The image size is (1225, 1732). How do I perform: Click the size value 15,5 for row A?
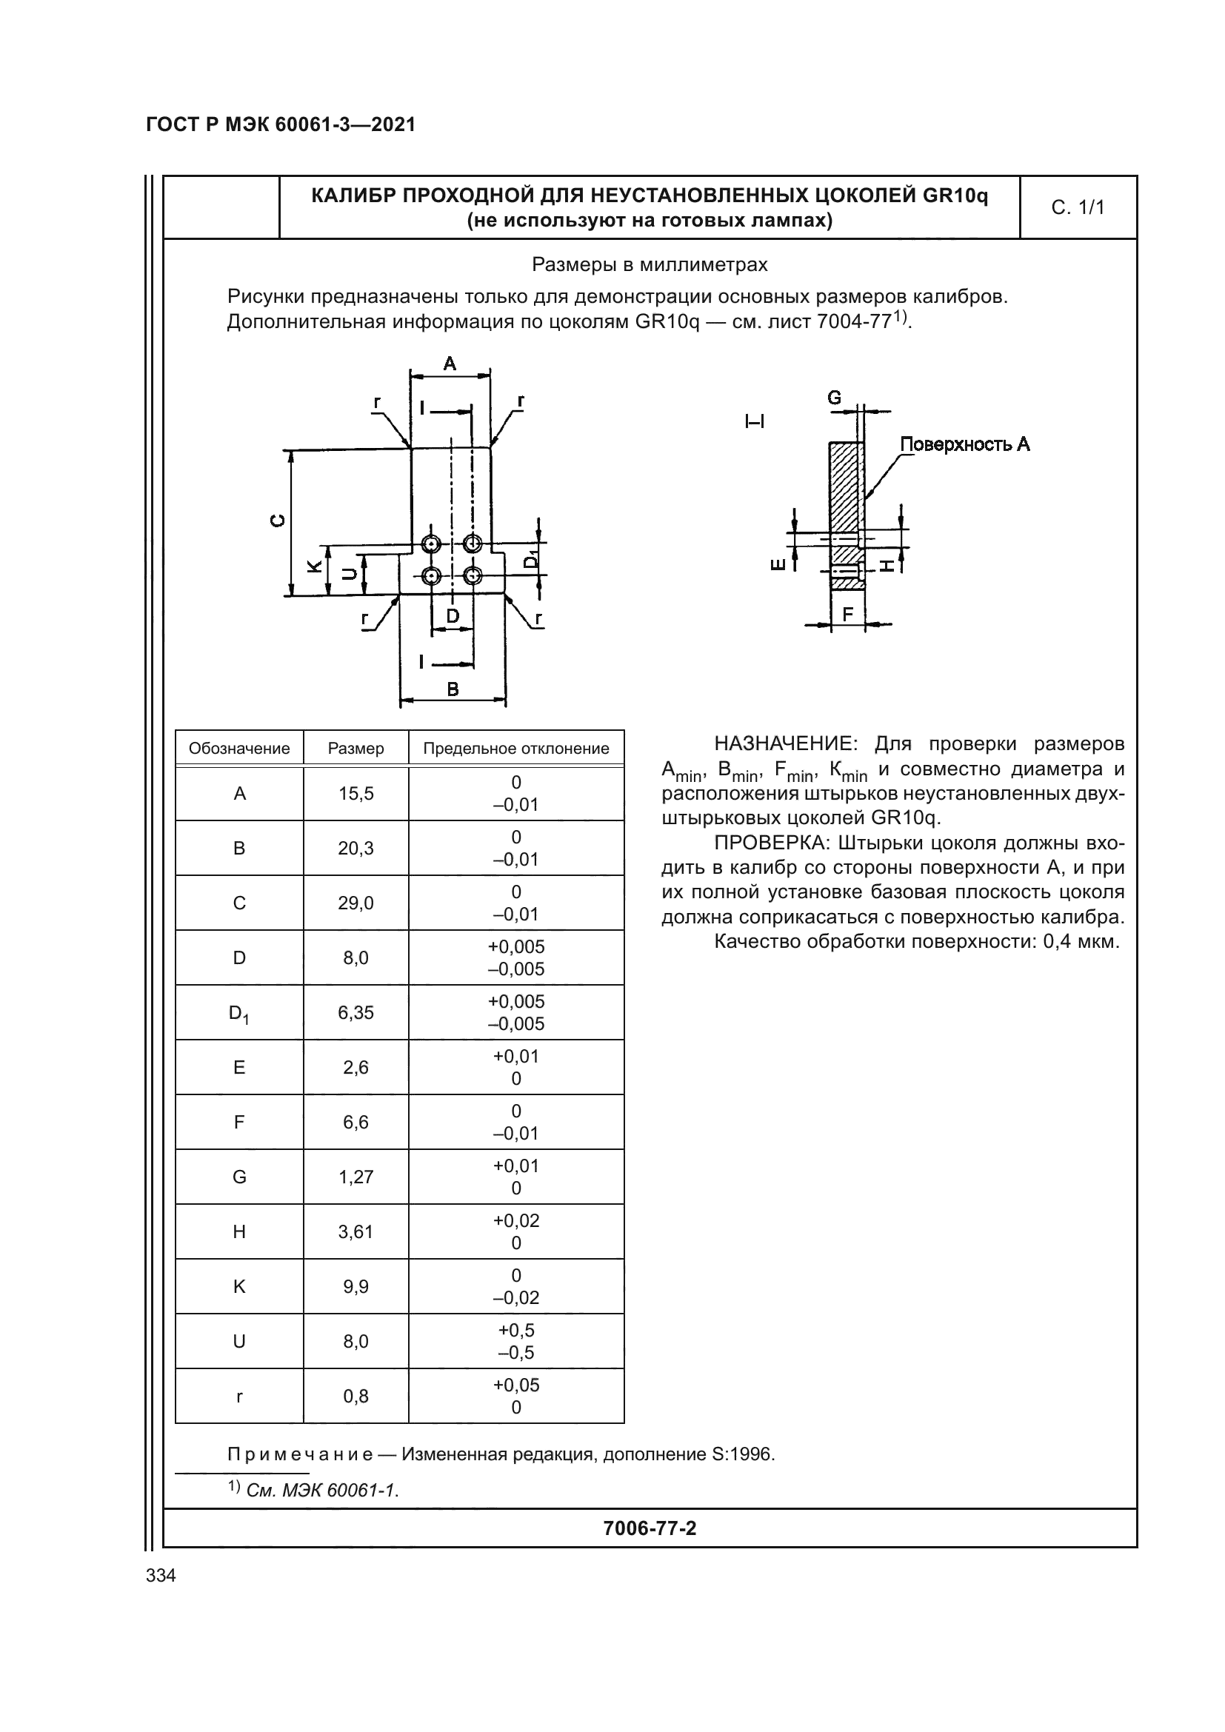[x=356, y=794]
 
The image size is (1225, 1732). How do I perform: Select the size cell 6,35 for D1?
[x=356, y=1012]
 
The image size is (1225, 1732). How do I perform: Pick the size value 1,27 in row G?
[x=356, y=1177]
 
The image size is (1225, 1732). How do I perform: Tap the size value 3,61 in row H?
[x=356, y=1232]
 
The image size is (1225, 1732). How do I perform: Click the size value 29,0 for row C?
[x=356, y=903]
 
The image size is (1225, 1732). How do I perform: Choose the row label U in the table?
[x=239, y=1341]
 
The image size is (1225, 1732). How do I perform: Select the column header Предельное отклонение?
[x=516, y=749]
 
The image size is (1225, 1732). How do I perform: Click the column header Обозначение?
[x=239, y=749]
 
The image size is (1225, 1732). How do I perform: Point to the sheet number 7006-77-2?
[x=650, y=1528]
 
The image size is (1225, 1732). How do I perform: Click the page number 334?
[x=161, y=1575]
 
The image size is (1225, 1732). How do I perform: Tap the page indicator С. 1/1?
[x=1078, y=207]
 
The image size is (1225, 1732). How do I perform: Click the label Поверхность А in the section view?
[x=965, y=444]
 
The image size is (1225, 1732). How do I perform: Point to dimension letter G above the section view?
[x=834, y=398]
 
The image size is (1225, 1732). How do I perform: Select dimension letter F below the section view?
[x=848, y=614]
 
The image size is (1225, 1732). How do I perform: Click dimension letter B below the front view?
[x=453, y=688]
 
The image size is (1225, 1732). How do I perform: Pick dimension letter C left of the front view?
[x=278, y=520]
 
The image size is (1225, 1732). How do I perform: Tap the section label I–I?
[x=754, y=421]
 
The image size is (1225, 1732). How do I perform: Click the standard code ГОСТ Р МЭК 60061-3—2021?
[x=281, y=124]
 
